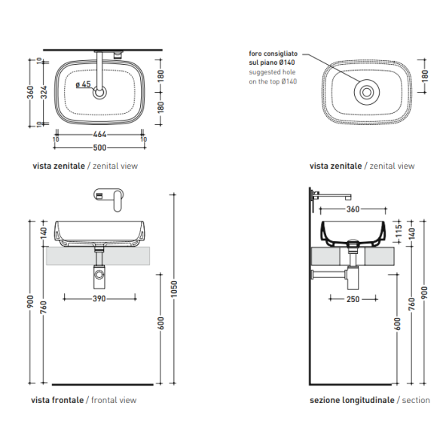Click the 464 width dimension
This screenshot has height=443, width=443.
coord(99,134)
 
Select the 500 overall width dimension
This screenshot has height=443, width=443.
coord(99,148)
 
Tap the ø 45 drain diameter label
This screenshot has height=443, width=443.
coord(84,84)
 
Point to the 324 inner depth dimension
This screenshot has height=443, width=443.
coord(44,93)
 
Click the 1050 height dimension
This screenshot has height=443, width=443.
coord(174,289)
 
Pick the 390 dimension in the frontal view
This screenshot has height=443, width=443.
coord(99,298)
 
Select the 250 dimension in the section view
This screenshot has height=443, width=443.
coord(353,299)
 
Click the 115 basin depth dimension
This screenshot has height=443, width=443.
coord(399,231)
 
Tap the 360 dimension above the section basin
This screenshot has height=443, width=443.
coord(353,209)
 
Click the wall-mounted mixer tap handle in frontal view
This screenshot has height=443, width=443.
coord(118,201)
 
